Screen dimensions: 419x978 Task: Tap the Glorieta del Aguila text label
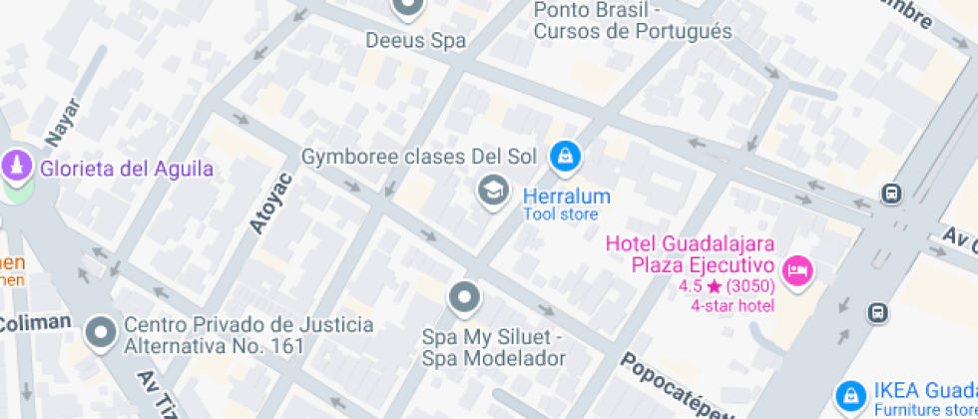coord(127,169)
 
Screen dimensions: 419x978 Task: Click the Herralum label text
coord(566,196)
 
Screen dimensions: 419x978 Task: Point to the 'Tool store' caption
coord(561,214)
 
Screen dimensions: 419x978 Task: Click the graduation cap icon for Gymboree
coord(491,191)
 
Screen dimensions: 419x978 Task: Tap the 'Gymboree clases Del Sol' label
coord(419,157)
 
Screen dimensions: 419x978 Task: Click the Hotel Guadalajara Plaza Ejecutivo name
coord(691,254)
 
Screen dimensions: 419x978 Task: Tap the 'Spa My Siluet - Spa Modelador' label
coord(493,348)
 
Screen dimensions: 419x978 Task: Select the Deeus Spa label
coord(416,41)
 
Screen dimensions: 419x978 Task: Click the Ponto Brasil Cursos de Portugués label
coord(633,21)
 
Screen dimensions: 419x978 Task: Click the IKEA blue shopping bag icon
coord(850,395)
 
